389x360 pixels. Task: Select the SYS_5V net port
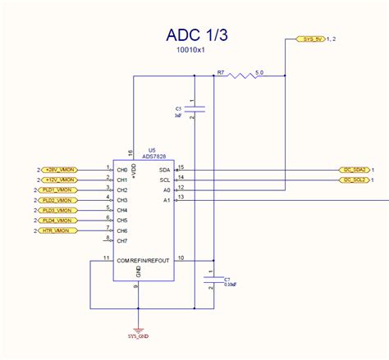point(309,39)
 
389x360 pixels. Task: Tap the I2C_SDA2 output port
point(353,170)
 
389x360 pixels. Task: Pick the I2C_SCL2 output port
point(353,180)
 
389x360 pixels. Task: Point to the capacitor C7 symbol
point(213,279)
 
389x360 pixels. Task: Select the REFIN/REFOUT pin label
point(151,261)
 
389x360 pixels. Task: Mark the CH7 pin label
point(122,241)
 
